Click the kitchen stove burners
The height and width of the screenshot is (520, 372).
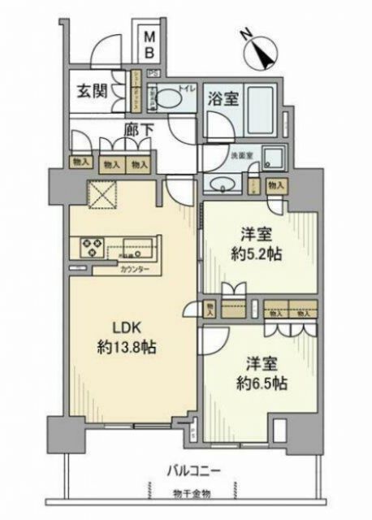(89, 245)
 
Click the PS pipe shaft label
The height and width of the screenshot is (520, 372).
(152, 74)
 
